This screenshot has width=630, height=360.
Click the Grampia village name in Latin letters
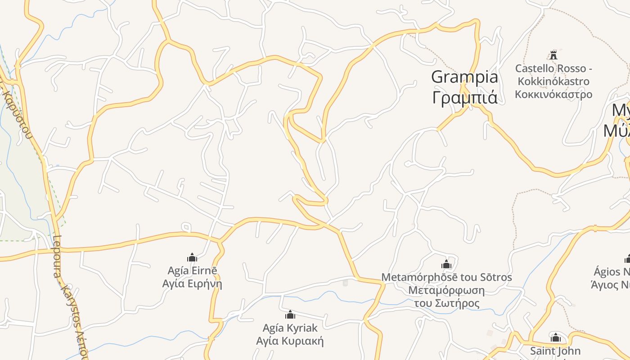coord(464,77)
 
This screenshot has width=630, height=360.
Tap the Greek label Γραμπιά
coord(464,97)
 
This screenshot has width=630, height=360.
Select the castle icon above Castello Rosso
coord(553,55)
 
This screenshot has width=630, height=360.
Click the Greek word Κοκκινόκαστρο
coord(553,94)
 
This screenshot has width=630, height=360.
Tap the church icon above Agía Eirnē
coord(192,257)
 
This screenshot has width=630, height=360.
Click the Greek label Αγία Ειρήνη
coord(192,284)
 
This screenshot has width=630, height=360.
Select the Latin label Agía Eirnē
coord(192,270)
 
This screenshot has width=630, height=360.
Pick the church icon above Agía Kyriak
coord(290,314)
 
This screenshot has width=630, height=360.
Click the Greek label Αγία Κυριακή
coord(290,341)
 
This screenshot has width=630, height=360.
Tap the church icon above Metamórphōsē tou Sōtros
coord(446,264)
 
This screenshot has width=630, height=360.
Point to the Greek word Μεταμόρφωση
coord(446,290)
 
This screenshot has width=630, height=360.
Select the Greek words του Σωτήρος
coord(446,303)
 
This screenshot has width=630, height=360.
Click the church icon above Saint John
coord(556,337)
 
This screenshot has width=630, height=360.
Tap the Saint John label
coord(555,351)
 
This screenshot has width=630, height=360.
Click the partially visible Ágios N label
coord(612,272)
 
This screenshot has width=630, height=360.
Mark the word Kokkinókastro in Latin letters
coord(553,81)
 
